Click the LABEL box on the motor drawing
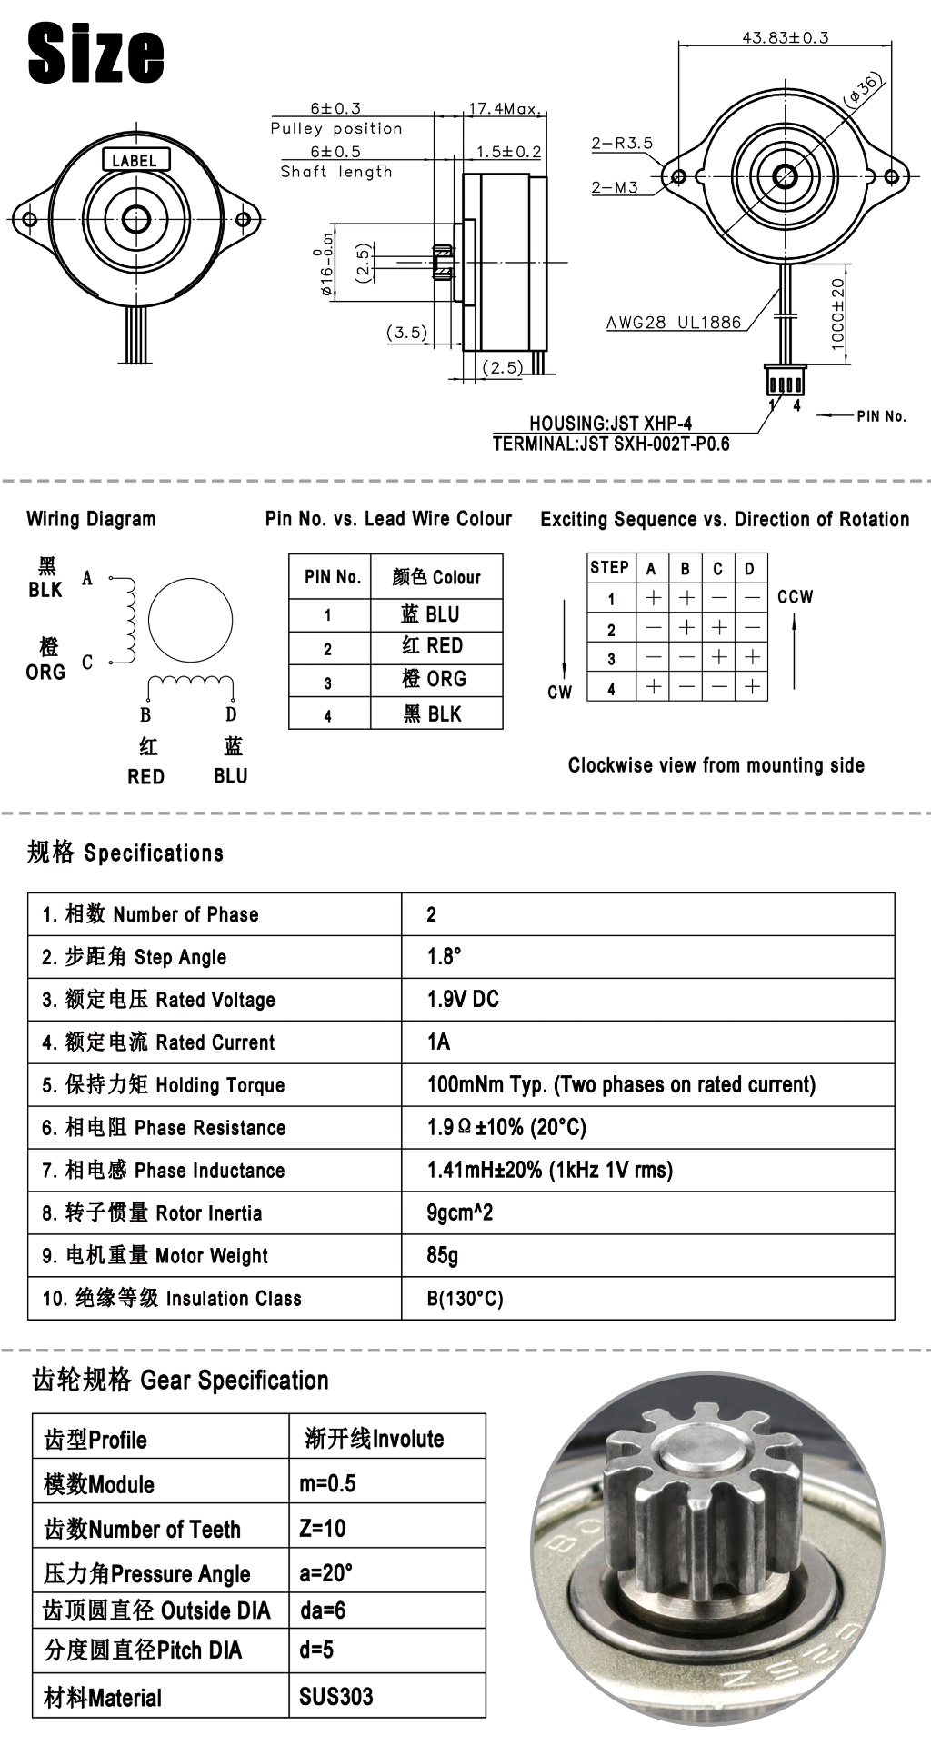134,160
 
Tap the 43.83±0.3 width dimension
786,37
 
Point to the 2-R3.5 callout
622,143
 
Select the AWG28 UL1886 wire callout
674,322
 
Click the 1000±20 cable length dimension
837,313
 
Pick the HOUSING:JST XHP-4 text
610,423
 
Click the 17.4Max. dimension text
505,109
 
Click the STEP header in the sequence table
609,568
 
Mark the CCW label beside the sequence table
795,597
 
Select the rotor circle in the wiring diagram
190,621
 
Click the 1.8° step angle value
445,956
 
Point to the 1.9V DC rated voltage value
463,999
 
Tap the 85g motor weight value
442,1255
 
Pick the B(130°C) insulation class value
465,1298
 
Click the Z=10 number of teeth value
323,1528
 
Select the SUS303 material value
335,1696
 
